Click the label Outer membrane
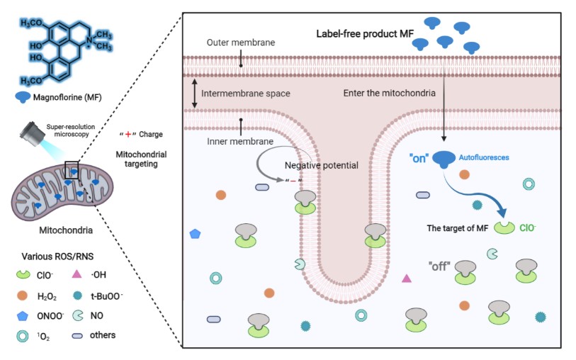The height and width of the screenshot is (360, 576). [x=241, y=43]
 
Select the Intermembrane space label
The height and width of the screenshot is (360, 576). [x=245, y=93]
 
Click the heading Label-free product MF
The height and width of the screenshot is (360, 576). [x=362, y=35]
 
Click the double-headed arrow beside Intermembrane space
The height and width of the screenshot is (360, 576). [x=193, y=93]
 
